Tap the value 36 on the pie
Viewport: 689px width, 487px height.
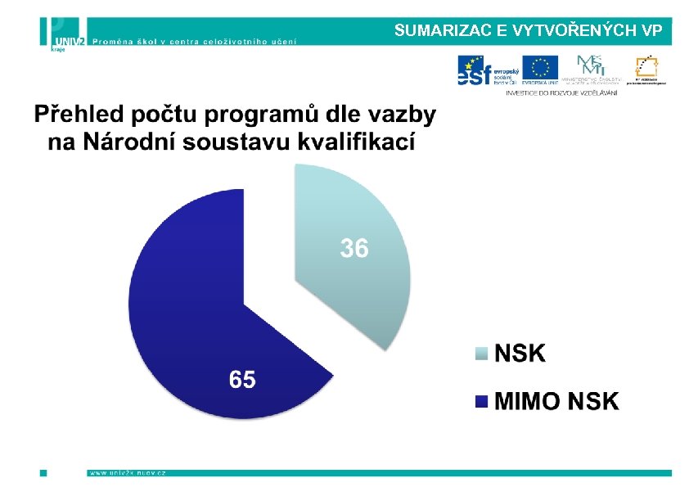(354, 248)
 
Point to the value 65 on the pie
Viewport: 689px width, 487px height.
(241, 380)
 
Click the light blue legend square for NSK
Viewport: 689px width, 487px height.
(482, 354)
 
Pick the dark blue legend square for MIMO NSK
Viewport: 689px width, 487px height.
(482, 401)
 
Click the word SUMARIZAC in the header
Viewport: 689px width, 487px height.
(441, 31)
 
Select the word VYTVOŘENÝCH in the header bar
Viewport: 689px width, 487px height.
(576, 31)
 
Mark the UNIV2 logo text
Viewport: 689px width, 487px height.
(70, 38)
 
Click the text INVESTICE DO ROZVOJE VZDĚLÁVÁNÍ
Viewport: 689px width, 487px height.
(561, 92)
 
